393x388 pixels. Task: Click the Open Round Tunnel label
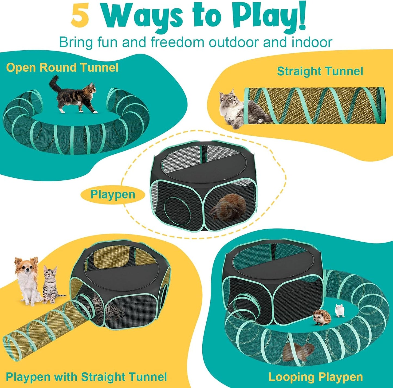tap(62, 67)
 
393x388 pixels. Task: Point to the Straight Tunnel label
tap(320, 71)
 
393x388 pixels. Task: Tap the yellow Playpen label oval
tap(113, 195)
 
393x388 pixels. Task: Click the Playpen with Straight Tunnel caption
tap(86, 377)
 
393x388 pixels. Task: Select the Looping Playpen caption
tap(315, 377)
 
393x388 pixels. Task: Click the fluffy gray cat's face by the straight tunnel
tap(228, 99)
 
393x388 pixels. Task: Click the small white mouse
tap(340, 310)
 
